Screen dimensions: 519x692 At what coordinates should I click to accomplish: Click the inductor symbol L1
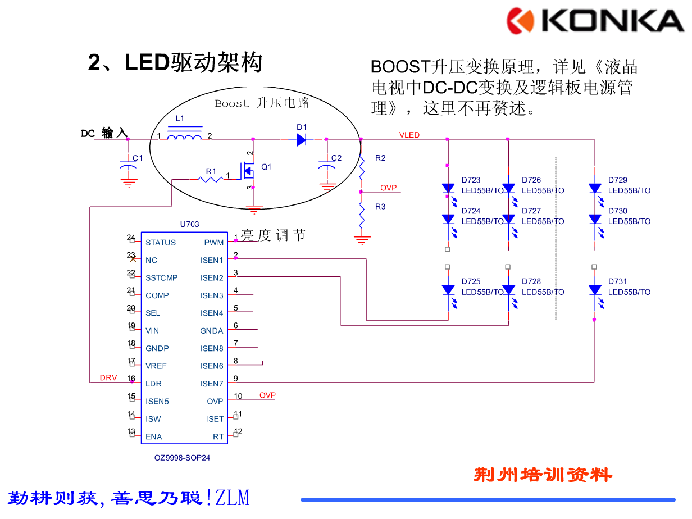[x=185, y=136]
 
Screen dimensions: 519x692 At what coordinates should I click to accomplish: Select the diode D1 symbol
[x=302, y=139]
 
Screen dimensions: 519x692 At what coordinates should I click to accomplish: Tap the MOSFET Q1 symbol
[x=249, y=170]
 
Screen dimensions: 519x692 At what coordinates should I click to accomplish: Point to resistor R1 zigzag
[x=211, y=179]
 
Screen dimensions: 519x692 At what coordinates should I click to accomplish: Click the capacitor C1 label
[x=138, y=158]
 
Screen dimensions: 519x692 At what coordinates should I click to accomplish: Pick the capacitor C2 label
[x=336, y=158]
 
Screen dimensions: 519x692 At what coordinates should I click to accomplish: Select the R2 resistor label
[x=380, y=158]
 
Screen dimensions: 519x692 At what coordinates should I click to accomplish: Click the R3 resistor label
[x=380, y=207]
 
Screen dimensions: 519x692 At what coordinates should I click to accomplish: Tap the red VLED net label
[x=409, y=135]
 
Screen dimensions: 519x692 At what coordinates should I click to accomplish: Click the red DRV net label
[x=108, y=377]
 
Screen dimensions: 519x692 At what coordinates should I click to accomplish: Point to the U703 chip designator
[x=189, y=224]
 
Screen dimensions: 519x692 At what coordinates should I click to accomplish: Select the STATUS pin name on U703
[x=161, y=243]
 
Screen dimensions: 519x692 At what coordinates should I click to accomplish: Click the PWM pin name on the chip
[x=214, y=243]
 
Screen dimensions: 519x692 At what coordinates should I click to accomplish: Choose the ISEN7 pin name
[x=212, y=384]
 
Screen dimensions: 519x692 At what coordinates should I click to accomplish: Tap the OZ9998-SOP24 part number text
[x=183, y=458]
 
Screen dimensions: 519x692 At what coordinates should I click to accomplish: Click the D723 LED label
[x=471, y=180]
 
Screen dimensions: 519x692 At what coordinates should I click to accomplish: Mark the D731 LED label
[x=617, y=281]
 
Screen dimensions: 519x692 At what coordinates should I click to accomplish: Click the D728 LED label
[x=531, y=281]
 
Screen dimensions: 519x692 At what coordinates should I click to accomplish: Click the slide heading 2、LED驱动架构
[x=175, y=62]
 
